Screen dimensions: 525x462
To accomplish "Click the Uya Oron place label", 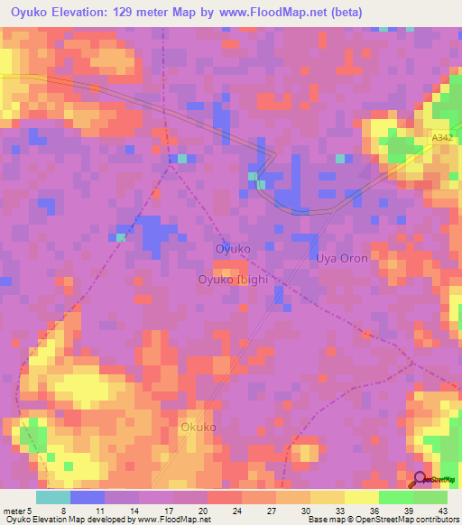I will (342, 258).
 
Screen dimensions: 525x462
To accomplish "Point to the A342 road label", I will (440, 138).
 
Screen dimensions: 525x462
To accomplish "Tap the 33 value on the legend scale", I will (313, 511).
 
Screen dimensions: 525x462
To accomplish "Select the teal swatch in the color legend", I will (53, 497).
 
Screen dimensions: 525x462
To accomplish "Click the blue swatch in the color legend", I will (88, 497).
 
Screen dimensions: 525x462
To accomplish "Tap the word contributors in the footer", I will (434, 520).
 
